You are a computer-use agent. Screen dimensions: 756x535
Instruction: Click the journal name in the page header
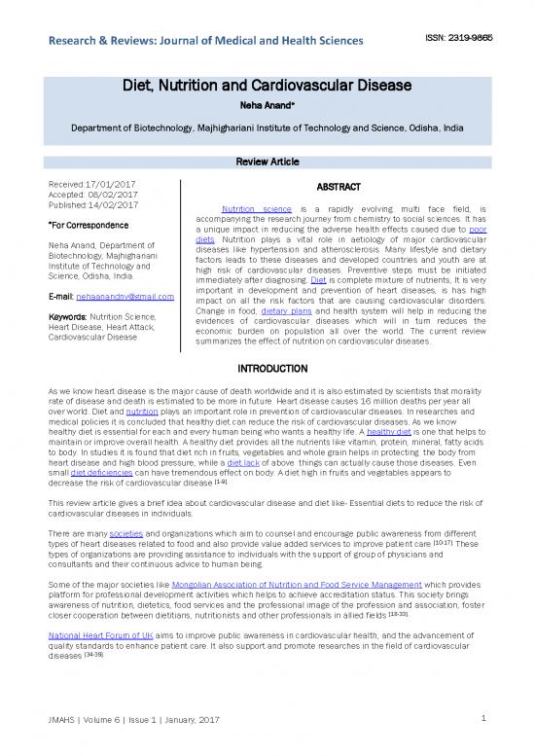pos(198,40)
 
